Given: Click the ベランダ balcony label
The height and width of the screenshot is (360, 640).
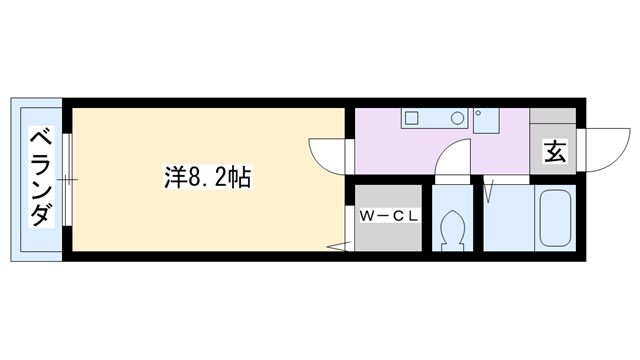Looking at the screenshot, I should [x=40, y=178].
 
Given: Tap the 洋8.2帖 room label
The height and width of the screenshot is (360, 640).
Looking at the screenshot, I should [x=207, y=178].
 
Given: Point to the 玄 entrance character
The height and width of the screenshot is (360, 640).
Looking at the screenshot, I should [x=555, y=153].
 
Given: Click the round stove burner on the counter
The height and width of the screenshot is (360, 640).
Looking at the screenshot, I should [x=456, y=118].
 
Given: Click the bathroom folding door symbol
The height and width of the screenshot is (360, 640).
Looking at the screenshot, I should [x=490, y=191].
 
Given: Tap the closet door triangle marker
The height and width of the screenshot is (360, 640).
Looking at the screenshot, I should [x=337, y=245].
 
